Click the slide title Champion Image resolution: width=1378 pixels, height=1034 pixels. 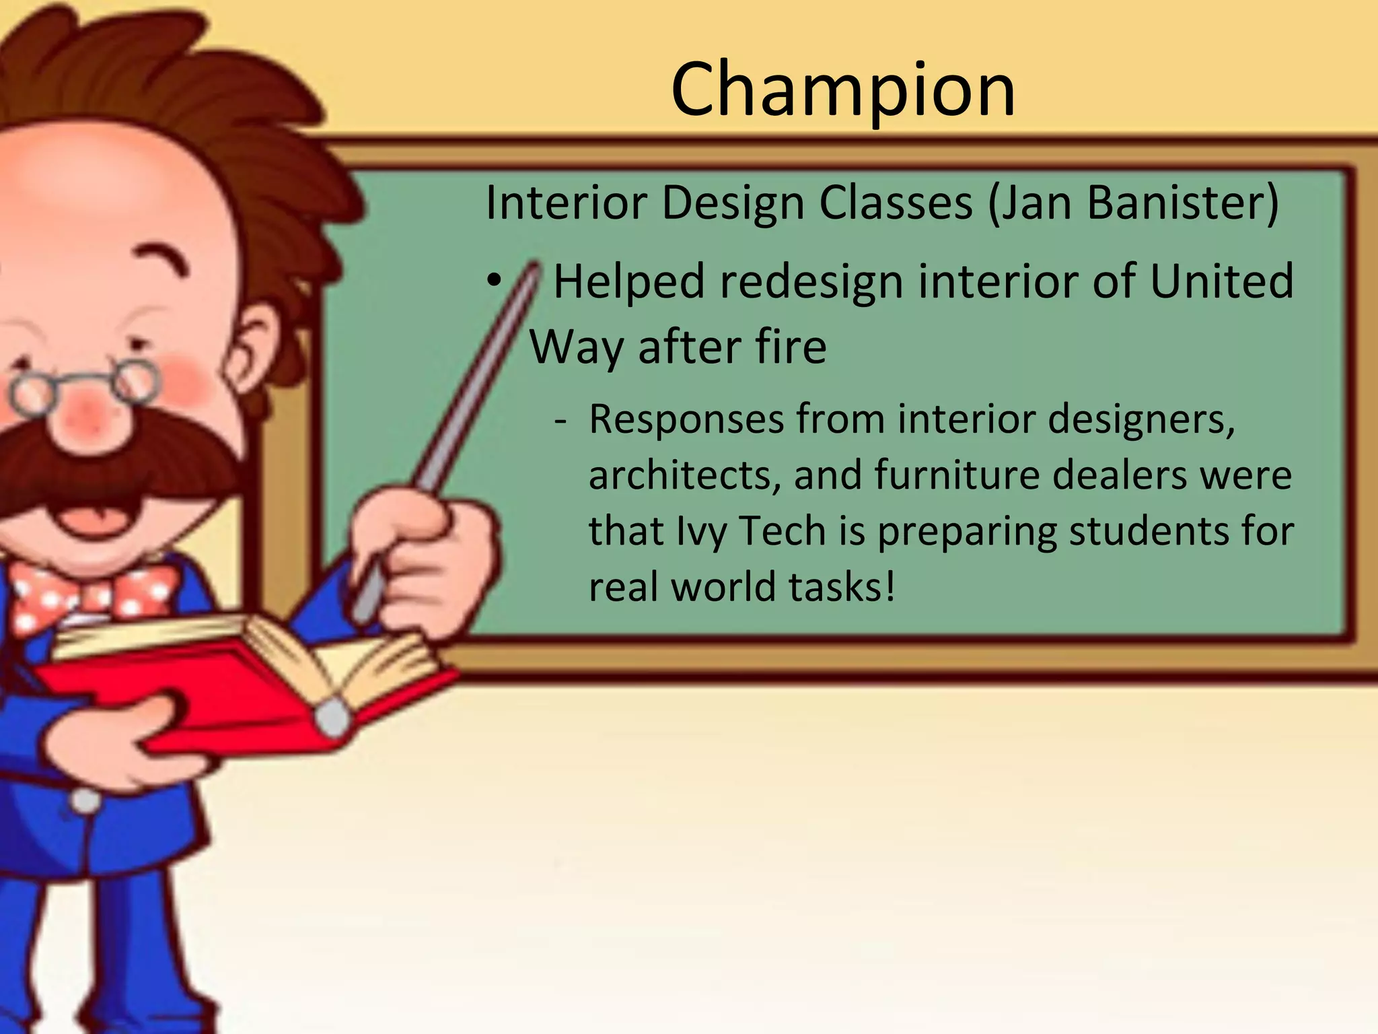[x=842, y=90]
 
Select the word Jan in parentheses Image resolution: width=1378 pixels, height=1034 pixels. [x=1037, y=203]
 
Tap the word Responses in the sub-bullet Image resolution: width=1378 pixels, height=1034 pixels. [x=686, y=420]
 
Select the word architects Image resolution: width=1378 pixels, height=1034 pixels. [x=684, y=475]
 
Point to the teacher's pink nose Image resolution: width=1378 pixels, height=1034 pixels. [x=84, y=407]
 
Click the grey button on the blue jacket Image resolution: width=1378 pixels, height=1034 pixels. [x=85, y=801]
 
